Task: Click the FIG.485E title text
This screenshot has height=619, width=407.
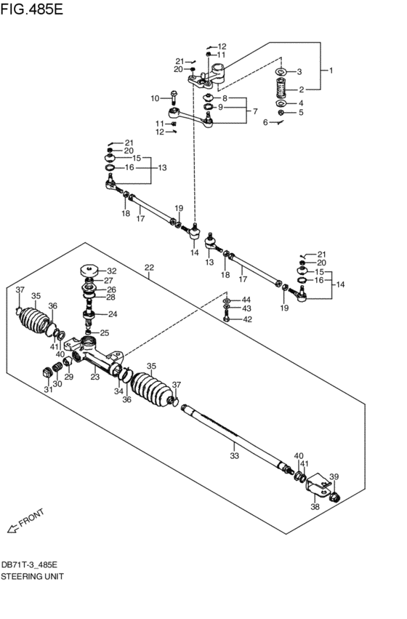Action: pyautogui.click(x=31, y=9)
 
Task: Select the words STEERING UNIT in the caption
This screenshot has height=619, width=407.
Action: pyautogui.click(x=32, y=576)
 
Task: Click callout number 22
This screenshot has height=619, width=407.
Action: pyautogui.click(x=149, y=267)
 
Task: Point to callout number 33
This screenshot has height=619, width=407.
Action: pyautogui.click(x=234, y=456)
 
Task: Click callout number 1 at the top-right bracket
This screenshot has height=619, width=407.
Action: pyautogui.click(x=331, y=71)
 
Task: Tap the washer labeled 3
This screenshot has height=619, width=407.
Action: pyautogui.click(x=281, y=72)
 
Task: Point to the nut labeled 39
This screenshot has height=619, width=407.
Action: pyautogui.click(x=334, y=497)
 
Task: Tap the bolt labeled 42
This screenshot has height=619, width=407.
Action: pyautogui.click(x=226, y=316)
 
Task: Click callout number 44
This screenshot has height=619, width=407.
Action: pyautogui.click(x=246, y=300)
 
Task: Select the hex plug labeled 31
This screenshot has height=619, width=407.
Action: pyautogui.click(x=47, y=372)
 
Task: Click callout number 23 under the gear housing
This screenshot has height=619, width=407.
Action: pyautogui.click(x=95, y=377)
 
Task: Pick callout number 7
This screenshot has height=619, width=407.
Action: pyautogui.click(x=255, y=111)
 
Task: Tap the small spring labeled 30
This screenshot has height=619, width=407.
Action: pyautogui.click(x=57, y=367)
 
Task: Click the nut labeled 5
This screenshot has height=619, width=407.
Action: pyautogui.click(x=281, y=113)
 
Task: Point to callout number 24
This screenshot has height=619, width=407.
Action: pyautogui.click(x=113, y=314)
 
